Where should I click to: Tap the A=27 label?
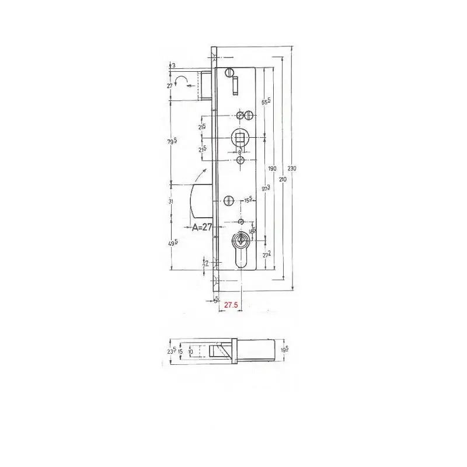(201, 228)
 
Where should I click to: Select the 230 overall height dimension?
(293, 168)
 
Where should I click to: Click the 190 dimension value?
(271, 169)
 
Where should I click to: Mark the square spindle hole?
(240, 138)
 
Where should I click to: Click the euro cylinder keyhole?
(241, 248)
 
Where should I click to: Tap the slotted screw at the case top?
(228, 72)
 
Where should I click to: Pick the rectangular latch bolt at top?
(206, 85)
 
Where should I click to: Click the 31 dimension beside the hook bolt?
(171, 201)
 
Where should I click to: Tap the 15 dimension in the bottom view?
(181, 352)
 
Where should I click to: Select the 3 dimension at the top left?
(174, 65)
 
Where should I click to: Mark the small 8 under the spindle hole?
(241, 153)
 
